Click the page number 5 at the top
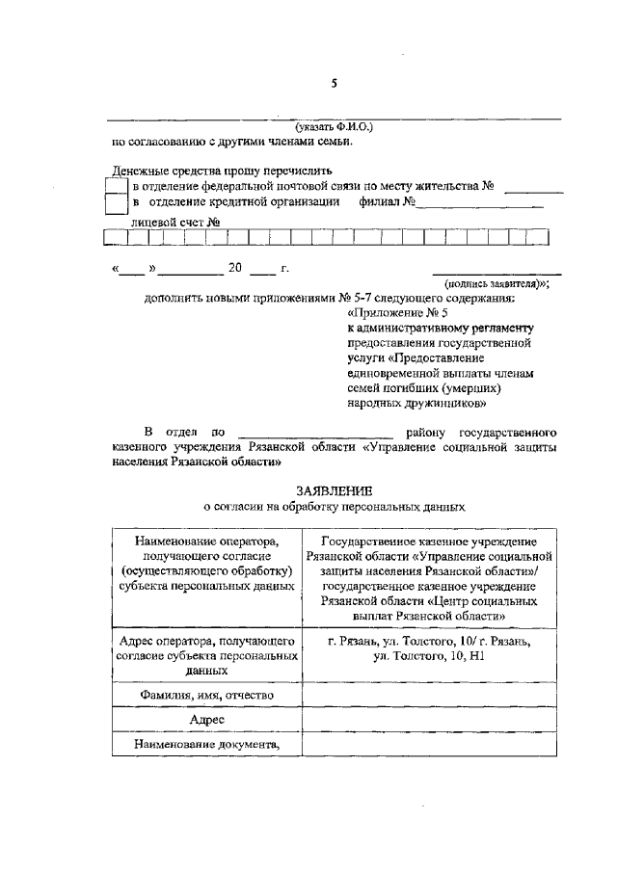coord(334,83)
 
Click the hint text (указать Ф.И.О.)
coord(334,126)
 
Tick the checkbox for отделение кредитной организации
coord(116,203)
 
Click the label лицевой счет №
coord(177,221)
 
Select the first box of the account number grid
coord(113,237)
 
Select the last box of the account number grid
coord(540,237)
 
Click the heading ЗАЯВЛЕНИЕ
coord(334,490)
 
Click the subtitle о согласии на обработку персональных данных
coord(334,506)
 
